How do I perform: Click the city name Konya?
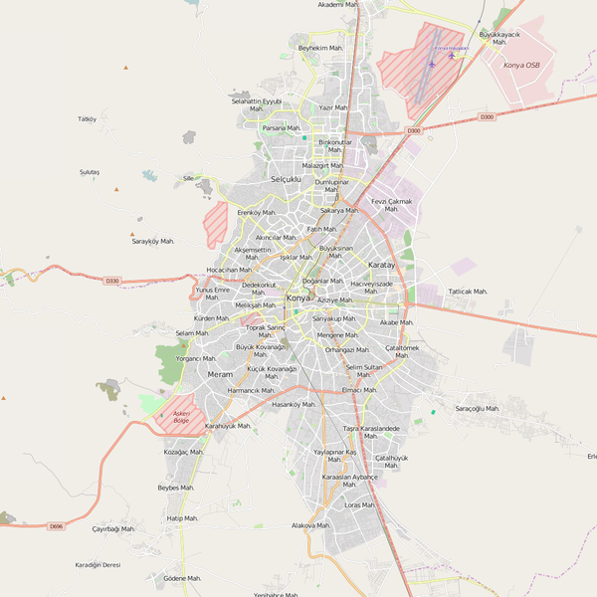point(298,298)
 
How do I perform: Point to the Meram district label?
point(219,374)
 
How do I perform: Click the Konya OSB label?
point(521,65)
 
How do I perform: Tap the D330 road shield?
point(111,281)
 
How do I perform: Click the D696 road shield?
point(56,525)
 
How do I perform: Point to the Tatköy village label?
point(87,119)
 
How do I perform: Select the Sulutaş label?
point(90,172)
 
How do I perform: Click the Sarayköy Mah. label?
point(153,242)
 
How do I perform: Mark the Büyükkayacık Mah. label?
point(499,38)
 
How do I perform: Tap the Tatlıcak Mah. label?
point(468,292)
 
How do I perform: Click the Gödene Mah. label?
point(182,578)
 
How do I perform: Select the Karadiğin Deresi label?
point(98,564)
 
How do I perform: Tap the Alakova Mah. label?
point(309,524)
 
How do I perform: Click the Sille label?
point(188,178)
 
